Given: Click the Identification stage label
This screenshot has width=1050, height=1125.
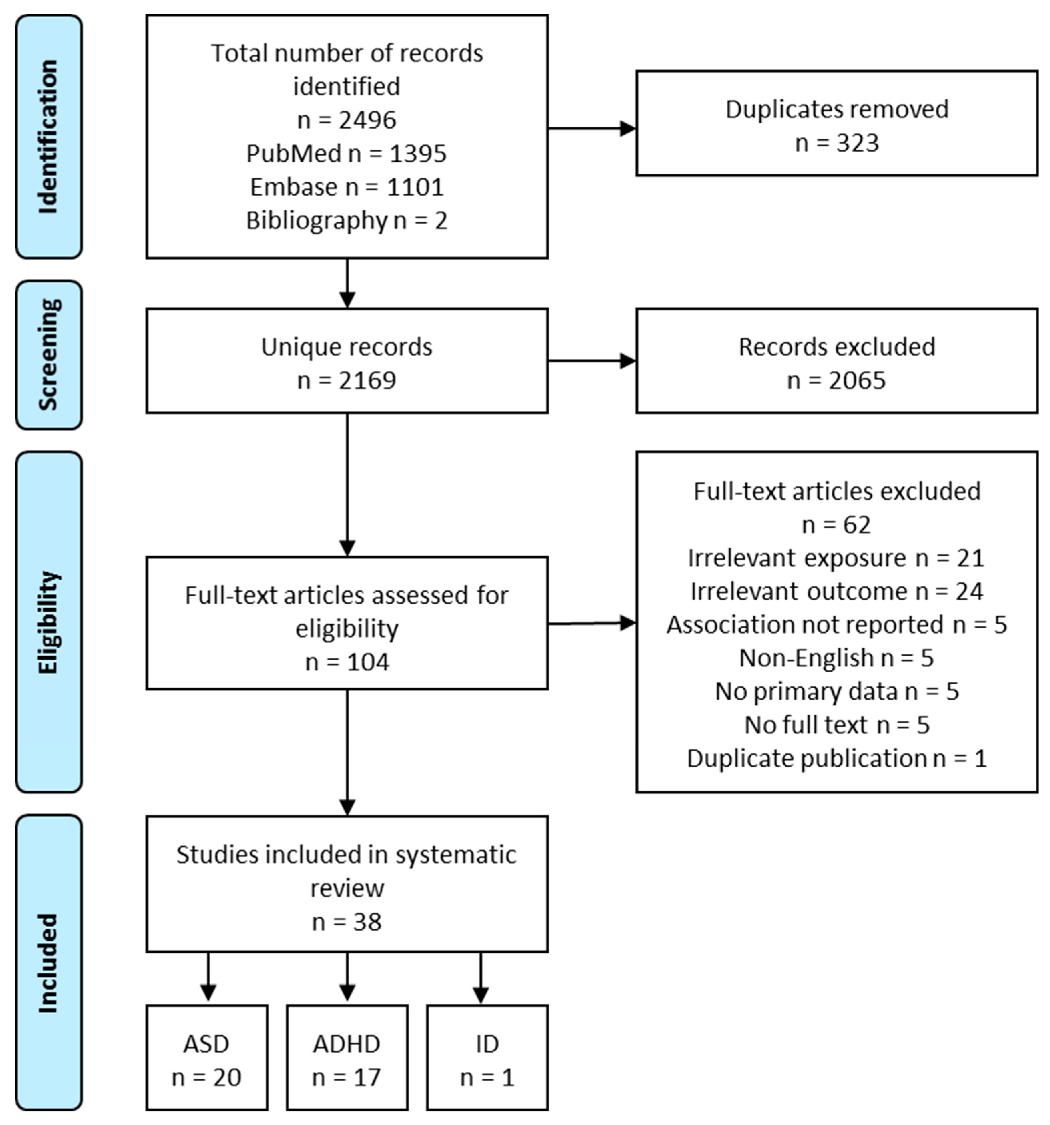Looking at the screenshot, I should [49, 136].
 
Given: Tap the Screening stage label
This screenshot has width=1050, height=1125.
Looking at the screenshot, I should [49, 355].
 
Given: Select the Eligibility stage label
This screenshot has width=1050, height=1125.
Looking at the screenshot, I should [49, 622].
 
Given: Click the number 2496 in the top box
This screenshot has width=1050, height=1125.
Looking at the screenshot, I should [367, 120].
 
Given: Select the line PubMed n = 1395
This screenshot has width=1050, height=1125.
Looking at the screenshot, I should [346, 154].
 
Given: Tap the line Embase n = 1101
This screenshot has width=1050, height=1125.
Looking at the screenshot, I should [346, 187].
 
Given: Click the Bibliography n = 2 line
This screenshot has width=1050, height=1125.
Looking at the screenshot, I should [346, 220].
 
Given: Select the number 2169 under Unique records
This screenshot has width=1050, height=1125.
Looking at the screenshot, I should [367, 380].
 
